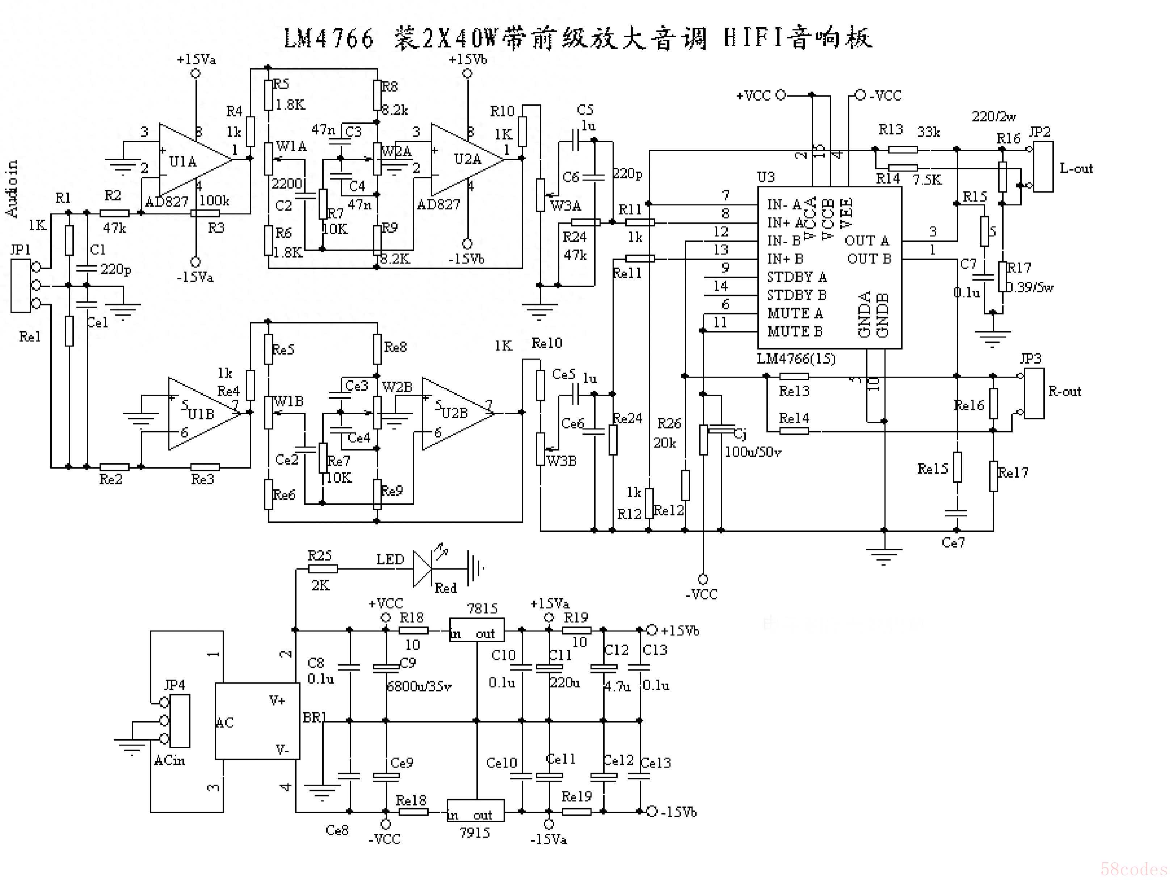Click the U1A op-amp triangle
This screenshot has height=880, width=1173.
pos(194,160)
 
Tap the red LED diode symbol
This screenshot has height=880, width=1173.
pos(422,569)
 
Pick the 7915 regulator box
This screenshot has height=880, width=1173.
pos(475,811)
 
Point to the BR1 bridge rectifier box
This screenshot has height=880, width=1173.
pos(257,721)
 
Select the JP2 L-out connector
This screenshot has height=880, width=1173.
pos(1043,166)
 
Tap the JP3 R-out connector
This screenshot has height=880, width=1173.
pos(1034,393)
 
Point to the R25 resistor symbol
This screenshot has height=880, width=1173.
pos(323,569)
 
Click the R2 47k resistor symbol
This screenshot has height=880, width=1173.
pos(114,213)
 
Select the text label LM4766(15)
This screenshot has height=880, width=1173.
pos(795,359)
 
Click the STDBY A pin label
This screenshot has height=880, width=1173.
pos(796,277)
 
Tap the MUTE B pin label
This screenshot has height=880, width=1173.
pos(794,331)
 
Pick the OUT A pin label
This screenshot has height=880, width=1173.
pos(866,241)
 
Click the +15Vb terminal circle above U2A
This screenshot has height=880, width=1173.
pos(467,74)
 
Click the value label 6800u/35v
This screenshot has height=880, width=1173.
pos(419,686)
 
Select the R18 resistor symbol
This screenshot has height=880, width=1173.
pos(413,630)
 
